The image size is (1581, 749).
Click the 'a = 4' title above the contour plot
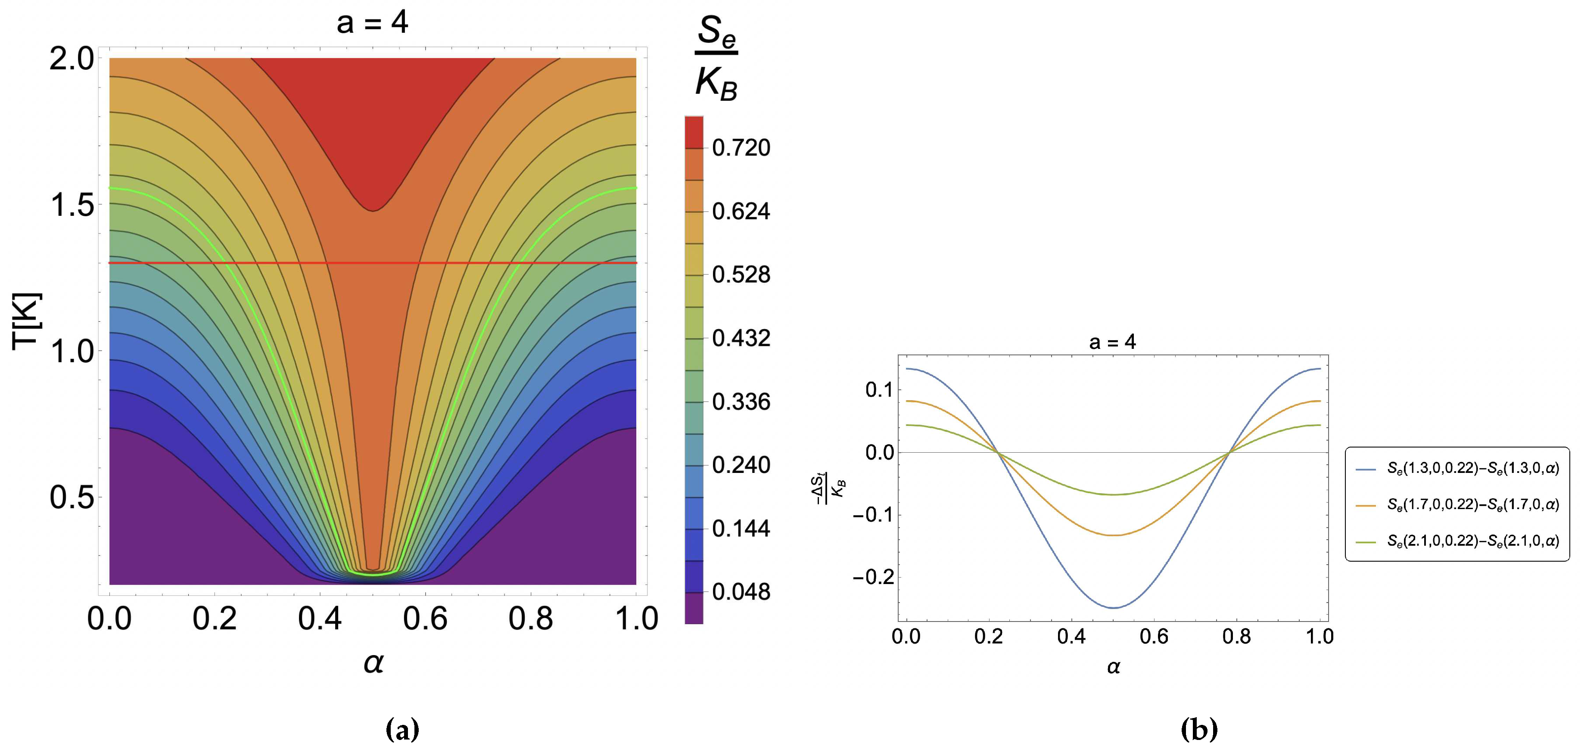click(372, 23)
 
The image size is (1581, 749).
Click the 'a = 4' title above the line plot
click(1112, 342)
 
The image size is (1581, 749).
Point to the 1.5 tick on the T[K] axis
click(72, 205)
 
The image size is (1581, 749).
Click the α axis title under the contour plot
click(373, 662)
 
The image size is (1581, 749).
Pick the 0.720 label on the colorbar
click(741, 148)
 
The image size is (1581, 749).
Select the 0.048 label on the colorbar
click(741, 592)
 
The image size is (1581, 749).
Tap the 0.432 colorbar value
click(741, 338)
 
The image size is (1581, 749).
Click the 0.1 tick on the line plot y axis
click(879, 389)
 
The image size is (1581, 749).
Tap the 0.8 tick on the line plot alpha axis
click(1236, 637)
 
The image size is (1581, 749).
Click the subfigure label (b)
click(1198, 729)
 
